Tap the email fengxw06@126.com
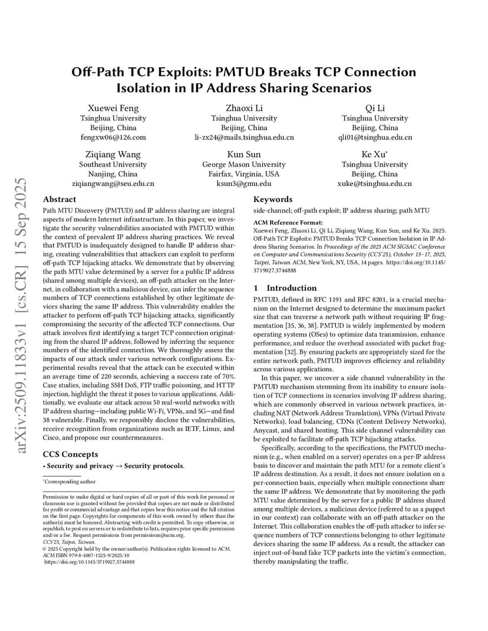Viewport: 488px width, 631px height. point(113,138)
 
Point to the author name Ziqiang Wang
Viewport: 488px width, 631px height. point(113,154)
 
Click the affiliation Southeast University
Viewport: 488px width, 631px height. point(113,164)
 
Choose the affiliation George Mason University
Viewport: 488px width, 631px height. point(244,164)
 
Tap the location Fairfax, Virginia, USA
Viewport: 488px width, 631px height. point(244,174)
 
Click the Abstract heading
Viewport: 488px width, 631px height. point(60,200)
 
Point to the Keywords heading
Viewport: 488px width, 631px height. point(273,200)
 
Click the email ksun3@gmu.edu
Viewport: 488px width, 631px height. point(244,184)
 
